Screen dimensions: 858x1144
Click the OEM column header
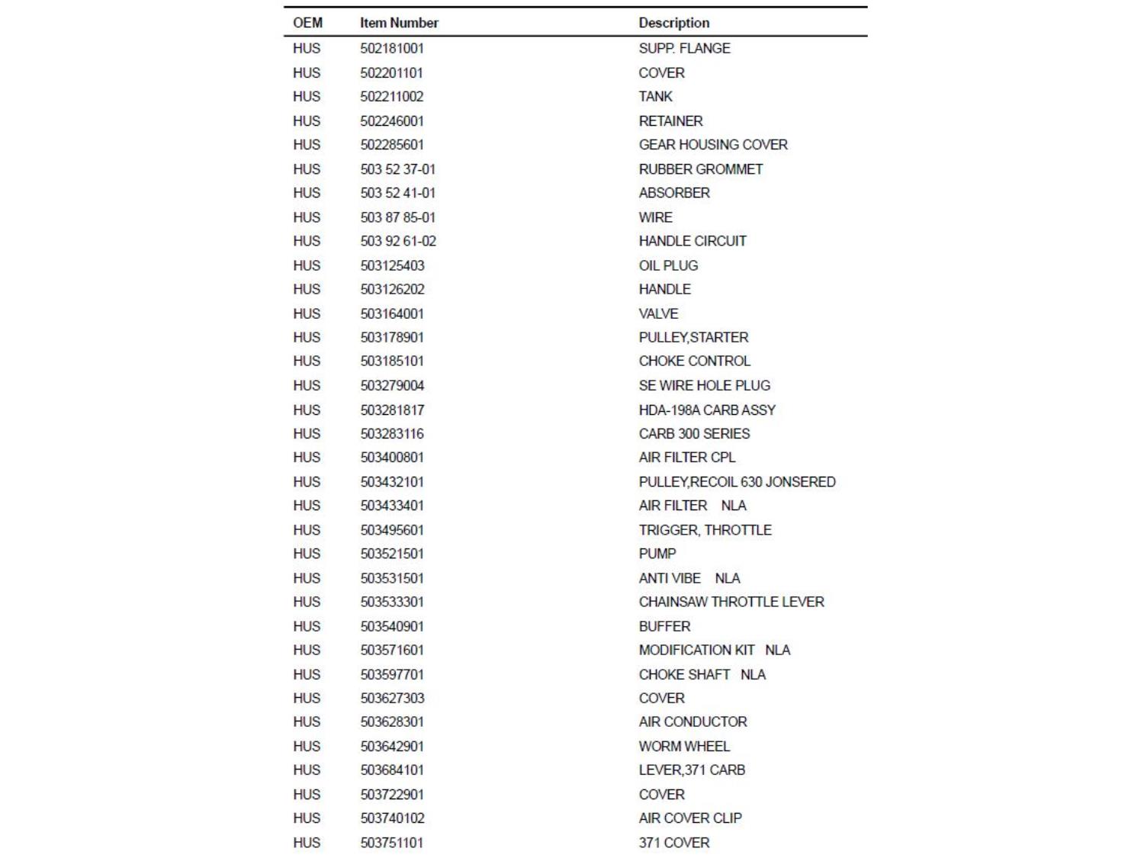click(x=307, y=23)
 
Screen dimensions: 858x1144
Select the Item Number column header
click(x=399, y=23)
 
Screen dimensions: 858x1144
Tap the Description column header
click(x=673, y=23)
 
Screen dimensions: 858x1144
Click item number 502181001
click(x=392, y=48)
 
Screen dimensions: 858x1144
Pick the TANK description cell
click(x=655, y=96)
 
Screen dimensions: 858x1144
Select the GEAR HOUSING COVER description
click(x=712, y=144)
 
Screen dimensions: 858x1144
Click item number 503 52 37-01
click(x=397, y=169)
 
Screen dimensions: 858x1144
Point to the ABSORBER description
click(x=673, y=192)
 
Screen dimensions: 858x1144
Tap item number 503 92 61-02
click(x=398, y=241)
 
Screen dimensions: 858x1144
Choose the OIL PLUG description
click(x=668, y=265)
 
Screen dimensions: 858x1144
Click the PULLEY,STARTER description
click(x=693, y=337)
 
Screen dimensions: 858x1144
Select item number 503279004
click(x=392, y=385)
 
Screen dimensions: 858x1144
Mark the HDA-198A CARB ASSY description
click(x=706, y=410)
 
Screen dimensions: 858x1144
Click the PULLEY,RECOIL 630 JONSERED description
click(x=737, y=482)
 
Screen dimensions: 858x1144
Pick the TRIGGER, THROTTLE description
click(x=705, y=530)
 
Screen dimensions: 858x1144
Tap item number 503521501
click(x=392, y=554)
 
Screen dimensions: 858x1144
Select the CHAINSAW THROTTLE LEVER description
click(x=731, y=602)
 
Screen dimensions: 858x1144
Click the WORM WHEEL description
click(x=683, y=746)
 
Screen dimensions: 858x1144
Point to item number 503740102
click(x=392, y=818)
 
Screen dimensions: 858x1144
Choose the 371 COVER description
click(x=673, y=843)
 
